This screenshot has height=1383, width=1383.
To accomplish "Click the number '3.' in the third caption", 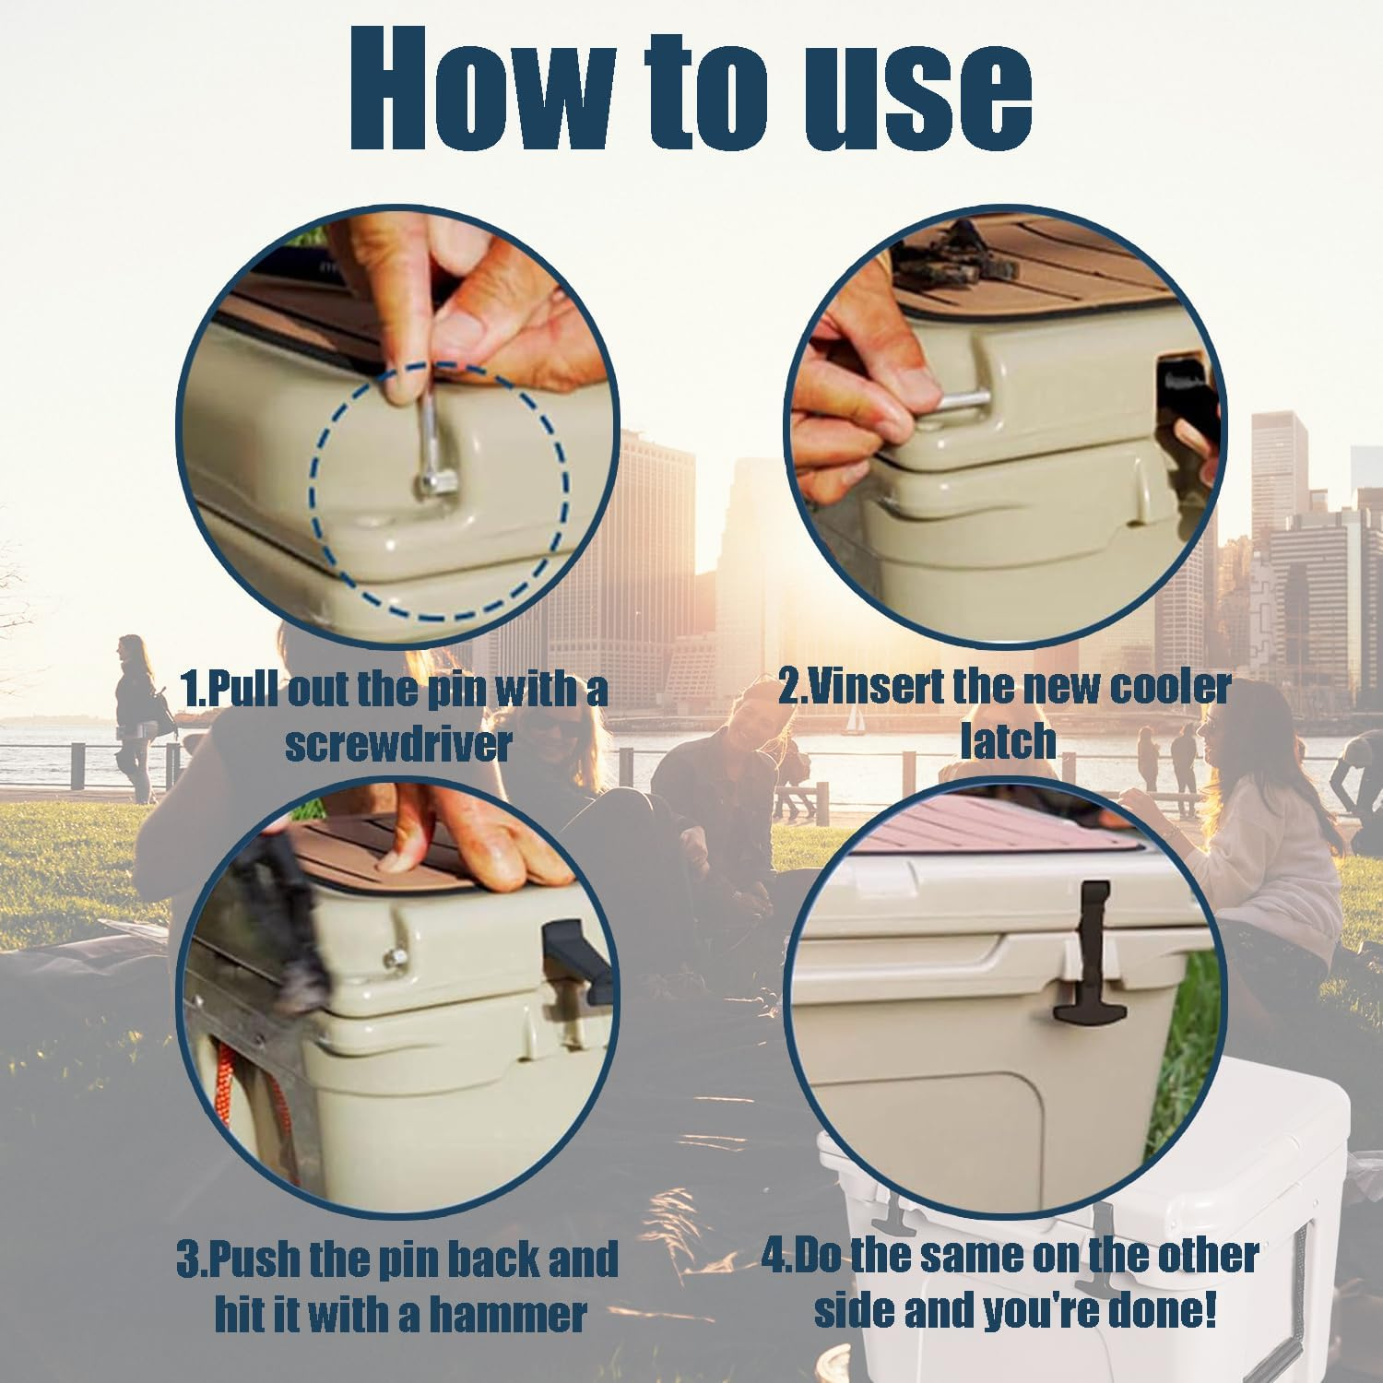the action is (x=192, y=1259).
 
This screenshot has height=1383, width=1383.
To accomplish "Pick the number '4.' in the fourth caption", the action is (x=778, y=1256).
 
